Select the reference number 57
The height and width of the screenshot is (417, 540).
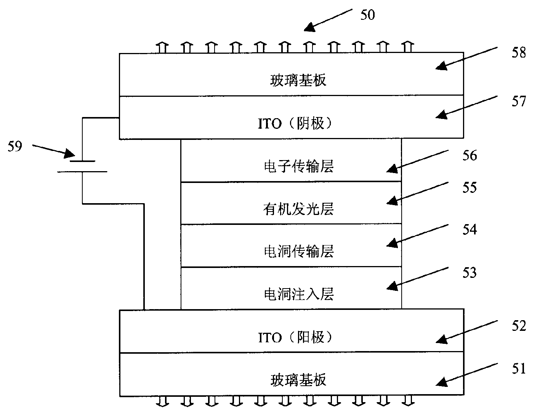(x=518, y=101)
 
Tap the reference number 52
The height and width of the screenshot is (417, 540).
(x=518, y=326)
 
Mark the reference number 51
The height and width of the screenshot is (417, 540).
(x=518, y=368)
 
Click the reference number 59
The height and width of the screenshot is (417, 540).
(x=15, y=146)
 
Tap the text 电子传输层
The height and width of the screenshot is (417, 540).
(x=298, y=167)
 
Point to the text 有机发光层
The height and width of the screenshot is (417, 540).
(x=298, y=209)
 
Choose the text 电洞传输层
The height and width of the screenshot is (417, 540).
(x=298, y=251)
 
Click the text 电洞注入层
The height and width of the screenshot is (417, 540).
(x=298, y=294)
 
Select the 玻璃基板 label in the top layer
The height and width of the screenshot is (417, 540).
(x=298, y=80)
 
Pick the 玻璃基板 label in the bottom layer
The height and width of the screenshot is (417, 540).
(x=298, y=380)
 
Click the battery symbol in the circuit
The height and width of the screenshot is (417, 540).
(x=82, y=167)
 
